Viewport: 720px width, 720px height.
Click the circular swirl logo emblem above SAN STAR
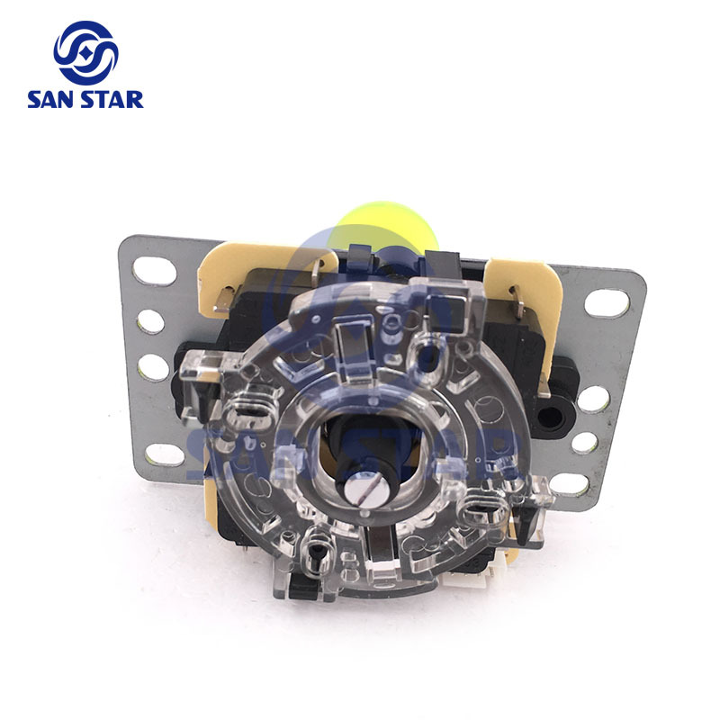85,53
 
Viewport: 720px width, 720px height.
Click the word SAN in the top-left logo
53,100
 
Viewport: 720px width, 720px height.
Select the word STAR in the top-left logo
114,100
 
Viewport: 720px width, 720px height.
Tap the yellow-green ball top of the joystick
386,227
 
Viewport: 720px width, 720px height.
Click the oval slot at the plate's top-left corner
154,271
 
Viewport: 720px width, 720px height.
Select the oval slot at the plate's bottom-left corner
166,455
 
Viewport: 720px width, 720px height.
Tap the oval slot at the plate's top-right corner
607,302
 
